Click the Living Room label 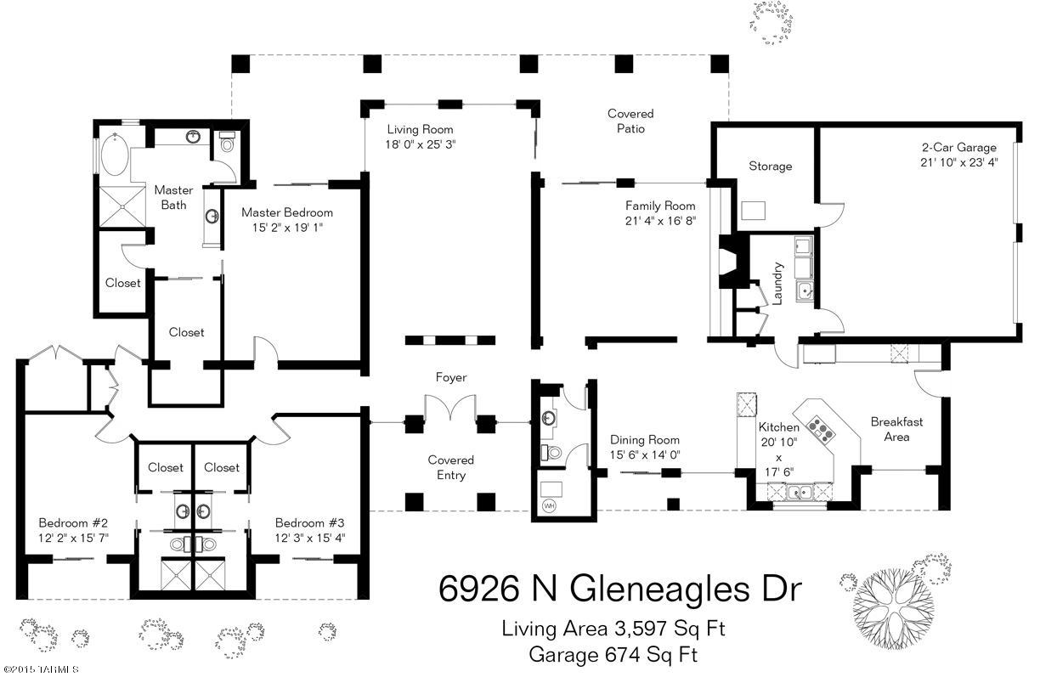point(421,129)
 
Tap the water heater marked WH point(549,505)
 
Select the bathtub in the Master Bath point(115,155)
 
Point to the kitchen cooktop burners point(821,430)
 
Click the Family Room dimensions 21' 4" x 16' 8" point(660,221)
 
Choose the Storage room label point(771,166)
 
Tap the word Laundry point(777,284)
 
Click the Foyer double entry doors point(449,408)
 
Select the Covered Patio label point(630,121)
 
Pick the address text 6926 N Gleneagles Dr point(620,590)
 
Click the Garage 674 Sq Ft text point(613,655)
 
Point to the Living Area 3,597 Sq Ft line point(613,629)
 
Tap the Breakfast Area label point(896,430)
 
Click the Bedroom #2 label point(73,523)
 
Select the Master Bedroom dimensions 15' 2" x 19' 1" point(287,228)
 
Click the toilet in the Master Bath point(227,142)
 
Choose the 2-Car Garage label point(959,148)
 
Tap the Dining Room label point(644,440)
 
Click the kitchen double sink point(799,492)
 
